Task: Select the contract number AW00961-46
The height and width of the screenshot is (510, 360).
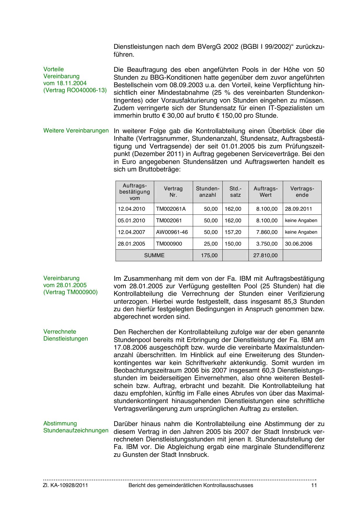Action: [172, 232]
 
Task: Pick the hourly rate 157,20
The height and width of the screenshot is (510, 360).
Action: [233, 232]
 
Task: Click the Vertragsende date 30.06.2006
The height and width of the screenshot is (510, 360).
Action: [298, 244]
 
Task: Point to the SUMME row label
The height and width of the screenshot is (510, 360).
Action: [154, 255]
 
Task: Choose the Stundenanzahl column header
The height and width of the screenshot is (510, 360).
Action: [208, 192]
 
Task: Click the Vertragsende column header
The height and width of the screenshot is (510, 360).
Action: [302, 192]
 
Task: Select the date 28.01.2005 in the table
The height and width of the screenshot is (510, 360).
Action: [131, 244]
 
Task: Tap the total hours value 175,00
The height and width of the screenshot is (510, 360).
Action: [209, 255]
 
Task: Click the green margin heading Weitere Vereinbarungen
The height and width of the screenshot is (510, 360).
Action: [76, 131]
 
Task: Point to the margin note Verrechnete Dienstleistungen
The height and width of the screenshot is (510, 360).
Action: [66, 335]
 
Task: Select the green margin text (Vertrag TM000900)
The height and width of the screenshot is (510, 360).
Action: [71, 292]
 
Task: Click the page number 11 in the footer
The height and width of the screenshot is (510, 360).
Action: [314, 485]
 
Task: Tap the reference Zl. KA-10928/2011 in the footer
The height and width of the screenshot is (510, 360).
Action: [65, 485]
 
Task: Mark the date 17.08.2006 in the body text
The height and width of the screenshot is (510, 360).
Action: [129, 348]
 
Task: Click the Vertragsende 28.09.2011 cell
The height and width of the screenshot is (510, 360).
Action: [298, 209]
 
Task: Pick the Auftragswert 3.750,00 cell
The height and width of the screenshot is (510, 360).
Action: [267, 244]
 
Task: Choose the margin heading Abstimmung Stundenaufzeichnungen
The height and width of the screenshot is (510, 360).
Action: [76, 427]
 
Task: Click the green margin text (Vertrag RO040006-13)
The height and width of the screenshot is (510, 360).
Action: [75, 90]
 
